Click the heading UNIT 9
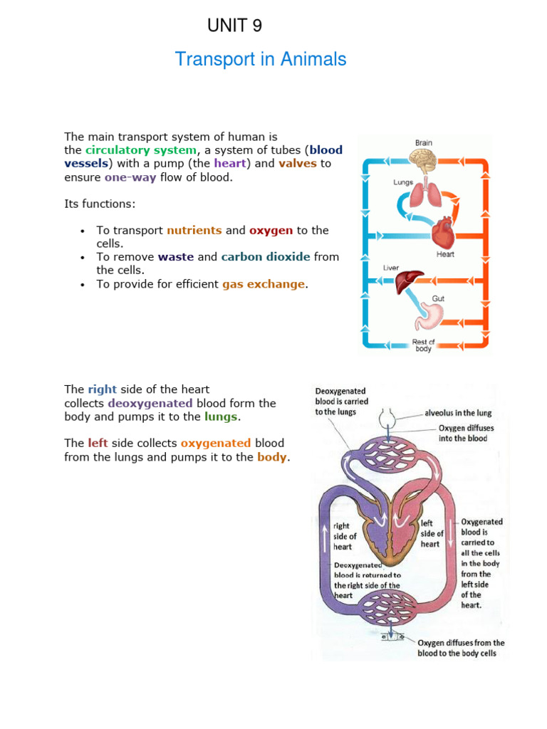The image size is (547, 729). (234, 26)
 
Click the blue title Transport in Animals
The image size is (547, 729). (261, 59)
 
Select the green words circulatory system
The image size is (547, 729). (140, 150)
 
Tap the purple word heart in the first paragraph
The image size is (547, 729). (229, 164)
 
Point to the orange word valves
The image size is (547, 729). (297, 164)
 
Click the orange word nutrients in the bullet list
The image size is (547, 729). (194, 231)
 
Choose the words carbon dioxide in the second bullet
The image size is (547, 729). (265, 257)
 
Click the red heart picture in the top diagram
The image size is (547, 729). (443, 231)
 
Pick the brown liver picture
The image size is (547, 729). (410, 281)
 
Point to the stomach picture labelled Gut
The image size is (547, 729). (432, 316)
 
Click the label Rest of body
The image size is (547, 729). (423, 345)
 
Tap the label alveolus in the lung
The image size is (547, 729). (458, 413)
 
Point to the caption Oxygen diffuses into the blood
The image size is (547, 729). (466, 434)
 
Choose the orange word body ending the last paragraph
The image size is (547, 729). (272, 457)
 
